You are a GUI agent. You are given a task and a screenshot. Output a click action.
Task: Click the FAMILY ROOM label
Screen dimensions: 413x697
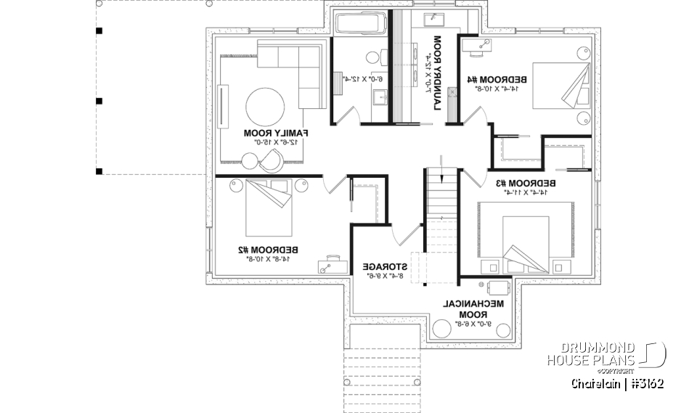click(x=276, y=133)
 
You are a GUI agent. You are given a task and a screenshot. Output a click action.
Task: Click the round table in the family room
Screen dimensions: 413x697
click(x=265, y=107)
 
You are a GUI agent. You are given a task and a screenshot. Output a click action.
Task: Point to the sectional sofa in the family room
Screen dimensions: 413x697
click(x=298, y=69)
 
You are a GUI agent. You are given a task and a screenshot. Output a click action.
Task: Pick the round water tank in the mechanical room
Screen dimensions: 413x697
click(x=443, y=329)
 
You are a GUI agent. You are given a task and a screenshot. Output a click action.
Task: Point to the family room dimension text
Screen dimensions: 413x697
click(x=276, y=143)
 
